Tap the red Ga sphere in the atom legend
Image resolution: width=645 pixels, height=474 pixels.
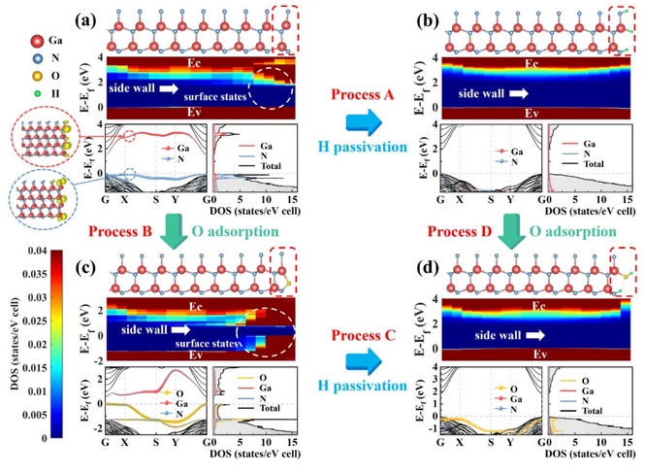pos(38,41)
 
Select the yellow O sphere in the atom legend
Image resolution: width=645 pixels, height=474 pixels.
pos(38,76)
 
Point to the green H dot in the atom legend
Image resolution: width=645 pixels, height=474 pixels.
pos(38,93)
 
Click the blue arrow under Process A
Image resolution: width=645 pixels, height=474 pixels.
pos(365,121)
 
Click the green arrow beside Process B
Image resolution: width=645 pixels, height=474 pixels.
pos(174,231)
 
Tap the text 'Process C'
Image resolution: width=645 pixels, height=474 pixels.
pos(364,335)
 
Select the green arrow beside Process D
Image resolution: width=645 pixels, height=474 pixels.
pos(511,231)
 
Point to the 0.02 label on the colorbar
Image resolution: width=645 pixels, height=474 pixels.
pos(38,344)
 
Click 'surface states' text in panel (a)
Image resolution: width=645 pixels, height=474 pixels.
pos(214,97)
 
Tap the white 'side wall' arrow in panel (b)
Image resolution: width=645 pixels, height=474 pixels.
pos(519,93)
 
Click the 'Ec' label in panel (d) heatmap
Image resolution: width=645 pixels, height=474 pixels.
pos(538,306)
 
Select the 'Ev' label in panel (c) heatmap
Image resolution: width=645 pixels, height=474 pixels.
pos(196,355)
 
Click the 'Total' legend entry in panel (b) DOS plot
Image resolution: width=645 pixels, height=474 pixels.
pos(594,164)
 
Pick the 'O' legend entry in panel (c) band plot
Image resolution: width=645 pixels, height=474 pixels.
pos(179,393)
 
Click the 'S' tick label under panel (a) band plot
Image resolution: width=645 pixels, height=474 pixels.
pos(156,200)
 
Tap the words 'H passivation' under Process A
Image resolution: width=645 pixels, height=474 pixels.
pos(363,147)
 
